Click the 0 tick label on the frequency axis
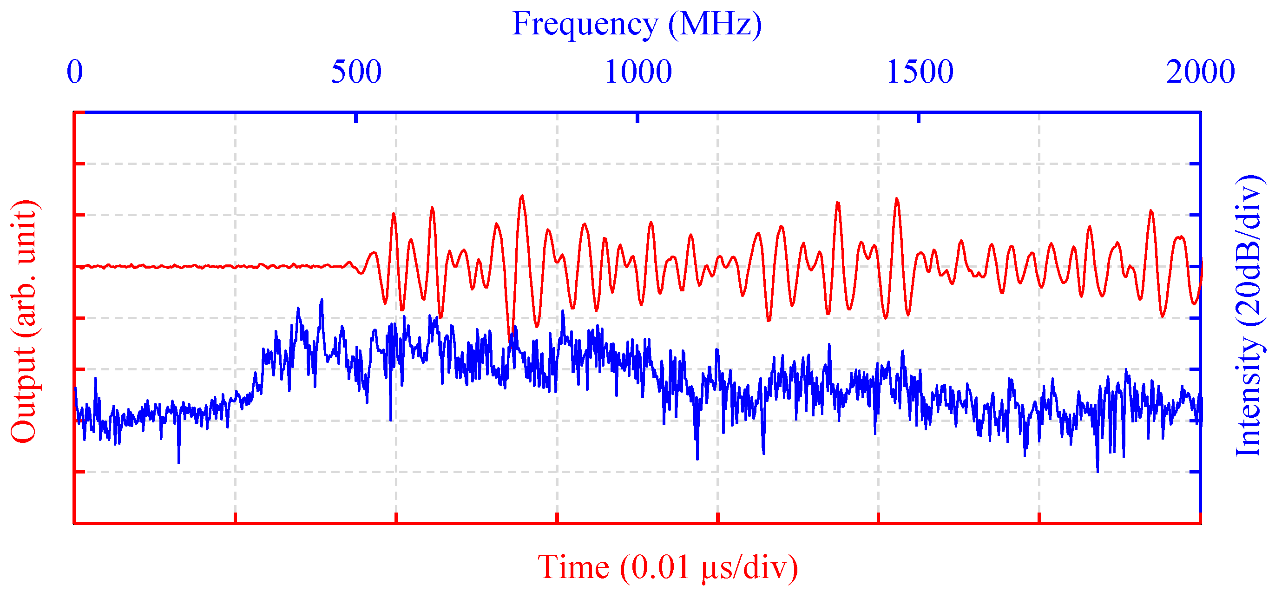click(75, 72)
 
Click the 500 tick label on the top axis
click(356, 72)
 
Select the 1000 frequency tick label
click(638, 72)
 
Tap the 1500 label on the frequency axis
click(920, 72)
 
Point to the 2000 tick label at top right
click(1200, 72)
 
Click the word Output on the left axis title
click(23, 394)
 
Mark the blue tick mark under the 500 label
click(356, 118)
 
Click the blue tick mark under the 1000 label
click(637, 118)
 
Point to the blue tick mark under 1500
click(919, 118)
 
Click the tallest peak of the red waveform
click(522, 196)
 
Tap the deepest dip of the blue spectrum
click(1098, 472)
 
